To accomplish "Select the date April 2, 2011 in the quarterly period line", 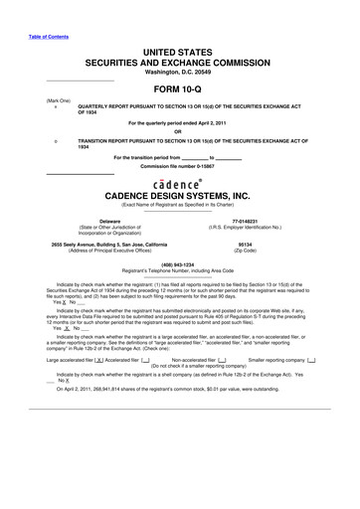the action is pos(231,122).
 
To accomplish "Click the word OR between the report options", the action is pos(179,131).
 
